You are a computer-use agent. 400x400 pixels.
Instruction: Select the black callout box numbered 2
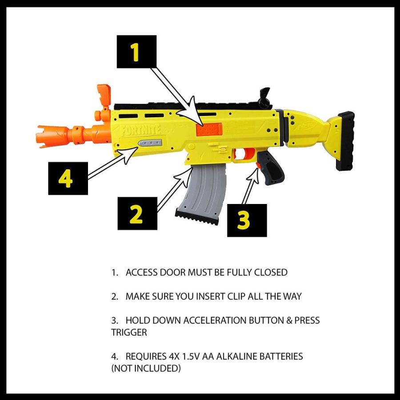pyautogui.click(x=137, y=213)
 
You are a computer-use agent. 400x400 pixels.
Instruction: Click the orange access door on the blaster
pyautogui.click(x=208, y=130)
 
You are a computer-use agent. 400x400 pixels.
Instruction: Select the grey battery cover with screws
pyautogui.click(x=150, y=144)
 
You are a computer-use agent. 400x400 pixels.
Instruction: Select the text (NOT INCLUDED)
pyautogui.click(x=146, y=368)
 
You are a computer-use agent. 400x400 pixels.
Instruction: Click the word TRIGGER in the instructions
pyautogui.click(x=129, y=332)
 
